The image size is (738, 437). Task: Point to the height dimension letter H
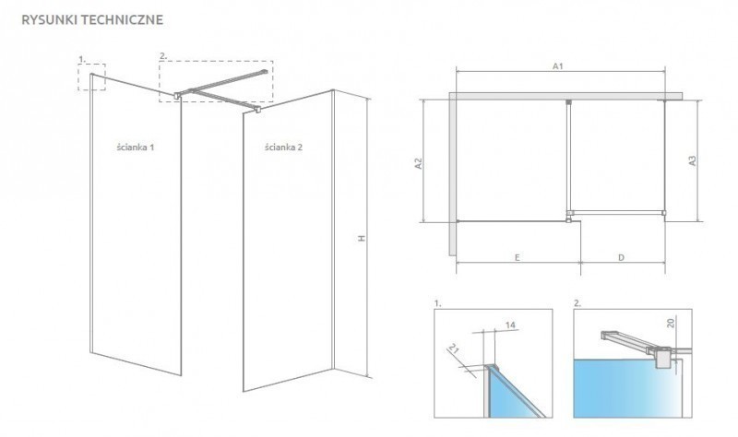pos(363,239)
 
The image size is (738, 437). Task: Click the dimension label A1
pos(558,65)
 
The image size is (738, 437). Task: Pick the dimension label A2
pos(418,163)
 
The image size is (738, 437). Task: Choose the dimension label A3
pos(692,159)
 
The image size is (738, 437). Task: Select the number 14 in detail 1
pos(510,325)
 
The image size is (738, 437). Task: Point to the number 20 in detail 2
pos(673,323)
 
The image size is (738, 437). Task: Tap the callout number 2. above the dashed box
pos(162,56)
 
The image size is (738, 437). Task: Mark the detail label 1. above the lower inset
pos(436,302)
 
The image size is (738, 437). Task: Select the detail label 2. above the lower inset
pos(576,302)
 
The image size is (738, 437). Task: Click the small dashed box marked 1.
pos(92,77)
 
